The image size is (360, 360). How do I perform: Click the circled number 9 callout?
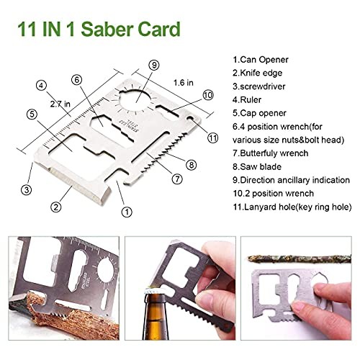click(154, 65)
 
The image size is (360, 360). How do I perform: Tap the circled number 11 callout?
click(212, 138)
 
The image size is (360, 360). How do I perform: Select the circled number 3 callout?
click(27, 190)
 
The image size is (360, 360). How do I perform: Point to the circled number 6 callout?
click(77, 80)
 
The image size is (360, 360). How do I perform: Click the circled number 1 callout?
click(127, 212)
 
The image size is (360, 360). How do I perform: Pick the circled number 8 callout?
click(192, 165)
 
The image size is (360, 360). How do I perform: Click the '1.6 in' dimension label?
click(184, 83)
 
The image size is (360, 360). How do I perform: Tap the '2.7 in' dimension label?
click(60, 104)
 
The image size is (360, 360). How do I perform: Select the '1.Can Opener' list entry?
click(261, 60)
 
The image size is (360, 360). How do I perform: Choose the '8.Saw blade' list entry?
click(257, 166)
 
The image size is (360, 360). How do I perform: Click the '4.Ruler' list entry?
click(247, 99)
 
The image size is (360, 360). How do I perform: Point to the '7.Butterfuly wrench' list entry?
click(271, 153)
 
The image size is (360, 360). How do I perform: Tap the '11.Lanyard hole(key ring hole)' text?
click(292, 207)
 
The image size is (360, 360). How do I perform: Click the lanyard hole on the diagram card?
click(191, 118)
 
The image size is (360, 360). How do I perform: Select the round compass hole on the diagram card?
click(136, 99)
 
